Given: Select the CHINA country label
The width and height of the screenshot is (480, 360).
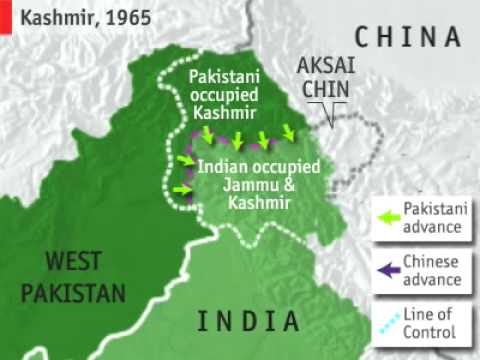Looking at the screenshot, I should tap(410, 38).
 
